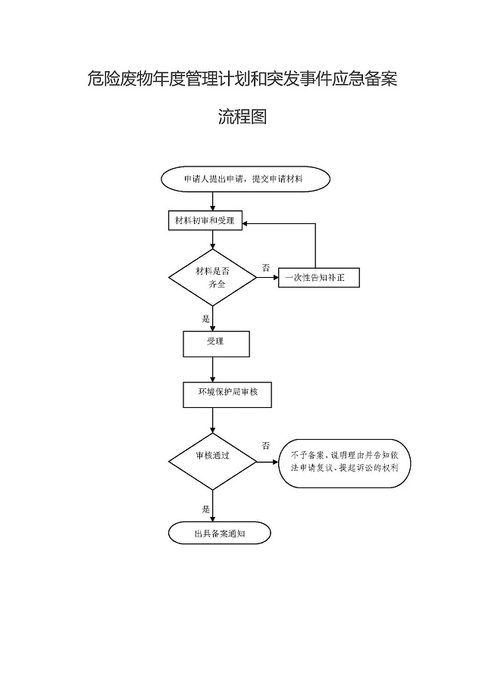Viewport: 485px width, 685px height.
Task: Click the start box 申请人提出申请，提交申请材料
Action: [x=245, y=179]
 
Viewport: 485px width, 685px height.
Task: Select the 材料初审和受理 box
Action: [x=204, y=221]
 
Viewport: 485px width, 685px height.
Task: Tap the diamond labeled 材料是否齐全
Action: [x=212, y=278]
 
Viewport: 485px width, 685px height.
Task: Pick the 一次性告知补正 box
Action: [x=318, y=278]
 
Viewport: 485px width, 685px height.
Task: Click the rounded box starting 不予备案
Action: [x=350, y=462]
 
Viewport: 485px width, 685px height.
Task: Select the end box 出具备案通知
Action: [x=220, y=533]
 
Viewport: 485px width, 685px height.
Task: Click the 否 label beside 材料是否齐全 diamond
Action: [x=265, y=268]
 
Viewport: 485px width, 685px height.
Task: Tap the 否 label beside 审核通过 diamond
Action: [x=265, y=446]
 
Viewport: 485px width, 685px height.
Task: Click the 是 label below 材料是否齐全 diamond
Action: [x=205, y=319]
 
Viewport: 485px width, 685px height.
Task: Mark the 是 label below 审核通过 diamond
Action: [x=205, y=509]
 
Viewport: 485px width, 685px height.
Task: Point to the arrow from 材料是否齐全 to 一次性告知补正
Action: [x=268, y=278]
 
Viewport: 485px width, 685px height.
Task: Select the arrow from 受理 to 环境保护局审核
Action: [x=213, y=369]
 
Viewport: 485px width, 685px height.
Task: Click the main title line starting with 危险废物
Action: [x=242, y=79]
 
